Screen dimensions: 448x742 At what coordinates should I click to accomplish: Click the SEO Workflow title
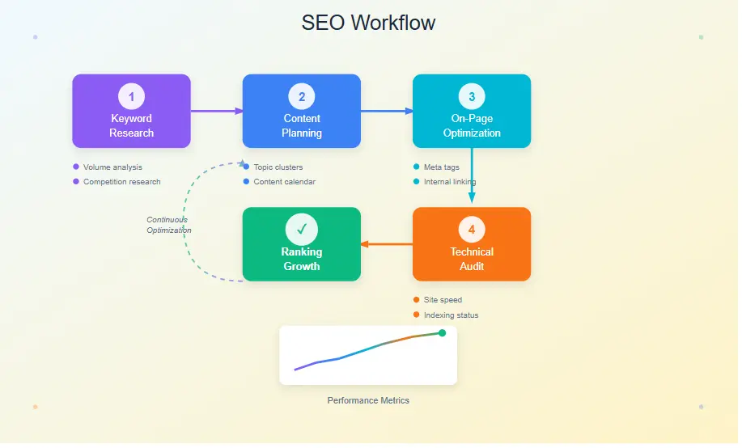[368, 23]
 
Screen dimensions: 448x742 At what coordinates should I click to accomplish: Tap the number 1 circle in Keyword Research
[131, 97]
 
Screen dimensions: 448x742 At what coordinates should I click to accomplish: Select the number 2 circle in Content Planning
[301, 97]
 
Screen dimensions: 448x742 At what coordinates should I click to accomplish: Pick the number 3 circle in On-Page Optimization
[472, 97]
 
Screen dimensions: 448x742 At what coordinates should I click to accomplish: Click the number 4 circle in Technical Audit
[472, 230]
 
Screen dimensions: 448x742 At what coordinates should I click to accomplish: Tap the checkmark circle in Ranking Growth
[301, 230]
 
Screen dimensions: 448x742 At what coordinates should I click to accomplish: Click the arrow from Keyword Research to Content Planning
[216, 111]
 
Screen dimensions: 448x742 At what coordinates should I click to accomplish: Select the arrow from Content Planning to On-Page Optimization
[386, 111]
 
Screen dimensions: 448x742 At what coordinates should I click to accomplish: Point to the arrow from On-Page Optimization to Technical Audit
[472, 178]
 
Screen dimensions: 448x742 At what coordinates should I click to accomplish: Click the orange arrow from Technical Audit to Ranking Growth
[387, 244]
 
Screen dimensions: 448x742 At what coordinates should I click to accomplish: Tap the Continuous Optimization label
[168, 225]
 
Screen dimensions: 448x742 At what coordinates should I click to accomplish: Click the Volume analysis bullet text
[112, 167]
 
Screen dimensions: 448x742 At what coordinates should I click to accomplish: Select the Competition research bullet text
[121, 182]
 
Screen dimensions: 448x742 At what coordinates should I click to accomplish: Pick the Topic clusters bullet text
[278, 167]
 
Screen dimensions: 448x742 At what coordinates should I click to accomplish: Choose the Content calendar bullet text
[284, 182]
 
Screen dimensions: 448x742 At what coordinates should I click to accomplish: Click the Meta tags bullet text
[441, 167]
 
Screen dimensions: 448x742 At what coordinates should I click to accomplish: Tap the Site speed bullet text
[443, 300]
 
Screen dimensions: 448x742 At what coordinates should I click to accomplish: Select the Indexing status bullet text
[451, 315]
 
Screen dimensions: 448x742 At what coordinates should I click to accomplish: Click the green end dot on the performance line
[442, 332]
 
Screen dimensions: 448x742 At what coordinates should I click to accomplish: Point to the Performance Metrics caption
[368, 400]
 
